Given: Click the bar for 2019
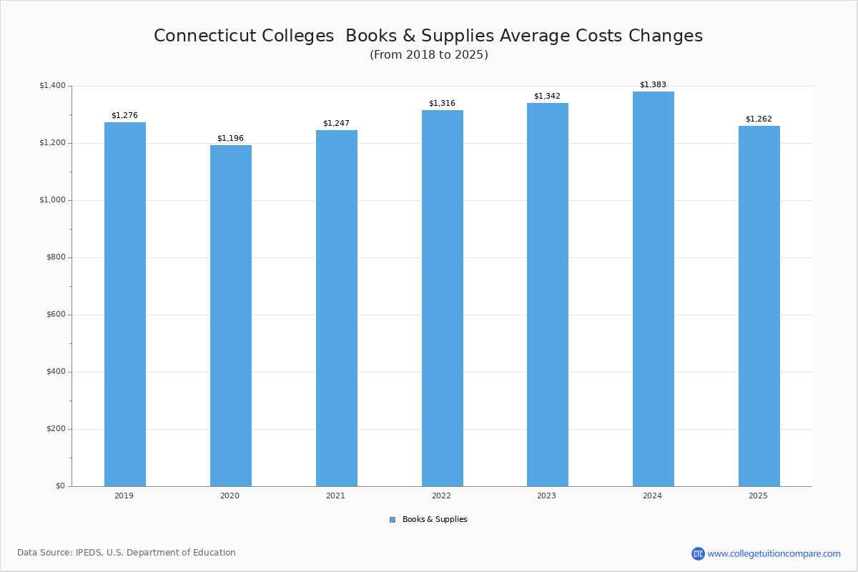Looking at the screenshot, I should tap(125, 304).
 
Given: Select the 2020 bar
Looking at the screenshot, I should tap(231, 315).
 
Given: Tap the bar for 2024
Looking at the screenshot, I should tap(654, 289).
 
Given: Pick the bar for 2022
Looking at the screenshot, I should tap(443, 298).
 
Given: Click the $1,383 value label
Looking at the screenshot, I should tap(653, 84).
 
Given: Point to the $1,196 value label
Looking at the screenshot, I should tap(230, 138).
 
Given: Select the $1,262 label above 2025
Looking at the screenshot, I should tap(759, 119).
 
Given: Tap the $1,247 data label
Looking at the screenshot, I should tap(336, 123).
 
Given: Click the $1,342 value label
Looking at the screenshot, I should tap(547, 96).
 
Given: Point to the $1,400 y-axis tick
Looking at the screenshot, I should tap(52, 86).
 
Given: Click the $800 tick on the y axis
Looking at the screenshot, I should tap(56, 257).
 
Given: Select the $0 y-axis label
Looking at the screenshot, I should tap(60, 486).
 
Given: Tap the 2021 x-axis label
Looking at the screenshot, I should tap(335, 495).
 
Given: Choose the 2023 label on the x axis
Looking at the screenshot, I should tap(546, 495).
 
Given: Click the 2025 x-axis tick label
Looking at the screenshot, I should tap(758, 495).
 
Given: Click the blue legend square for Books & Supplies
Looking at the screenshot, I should tap(393, 520).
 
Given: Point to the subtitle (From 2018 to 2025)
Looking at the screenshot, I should tap(429, 55).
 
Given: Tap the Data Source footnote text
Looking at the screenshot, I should tap(127, 553).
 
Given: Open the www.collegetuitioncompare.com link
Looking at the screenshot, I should tap(774, 553).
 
